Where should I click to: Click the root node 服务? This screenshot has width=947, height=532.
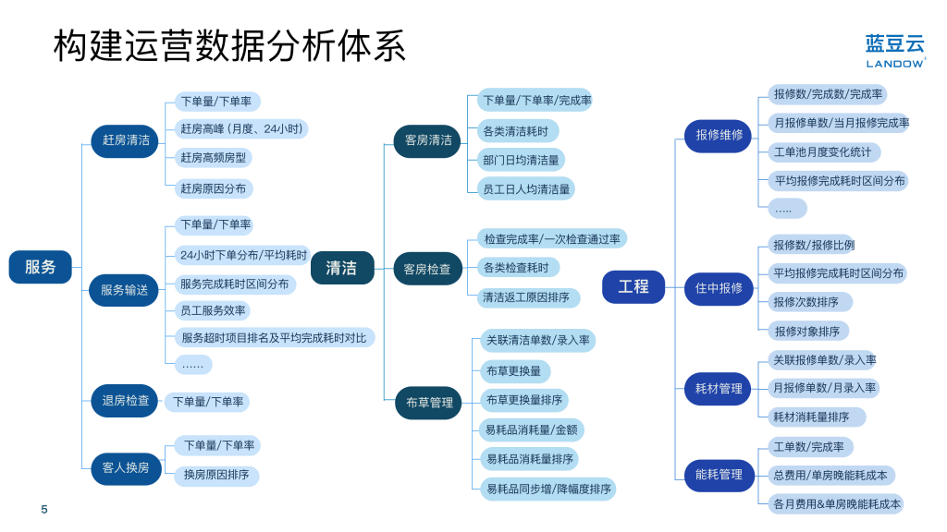[x=40, y=267]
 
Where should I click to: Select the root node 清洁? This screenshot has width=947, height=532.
[x=342, y=268]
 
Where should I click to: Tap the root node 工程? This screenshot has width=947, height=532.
[x=633, y=286]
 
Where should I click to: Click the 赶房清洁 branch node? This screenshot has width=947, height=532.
[x=125, y=140]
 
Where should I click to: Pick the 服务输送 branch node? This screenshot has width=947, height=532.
[x=124, y=290]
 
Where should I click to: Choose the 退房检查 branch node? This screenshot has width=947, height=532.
[x=125, y=401]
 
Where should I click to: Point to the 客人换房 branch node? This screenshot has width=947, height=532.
[x=126, y=467]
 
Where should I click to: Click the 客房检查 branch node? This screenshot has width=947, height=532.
[x=427, y=269]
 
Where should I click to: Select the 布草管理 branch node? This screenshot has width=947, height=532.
[x=429, y=403]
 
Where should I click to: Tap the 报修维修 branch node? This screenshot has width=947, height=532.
[x=719, y=135]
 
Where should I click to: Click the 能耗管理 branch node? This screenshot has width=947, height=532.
[x=719, y=475]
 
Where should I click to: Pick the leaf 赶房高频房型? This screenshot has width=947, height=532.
[x=214, y=158]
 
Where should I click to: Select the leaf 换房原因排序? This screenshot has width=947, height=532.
[x=216, y=476]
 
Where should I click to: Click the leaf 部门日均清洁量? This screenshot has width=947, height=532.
[x=521, y=161]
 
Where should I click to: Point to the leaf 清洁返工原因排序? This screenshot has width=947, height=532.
[x=526, y=297]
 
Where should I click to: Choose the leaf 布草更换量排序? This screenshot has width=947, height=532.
[x=524, y=400]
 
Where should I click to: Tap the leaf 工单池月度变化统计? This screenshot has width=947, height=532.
[x=822, y=152]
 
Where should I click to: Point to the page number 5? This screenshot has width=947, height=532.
[x=44, y=510]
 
